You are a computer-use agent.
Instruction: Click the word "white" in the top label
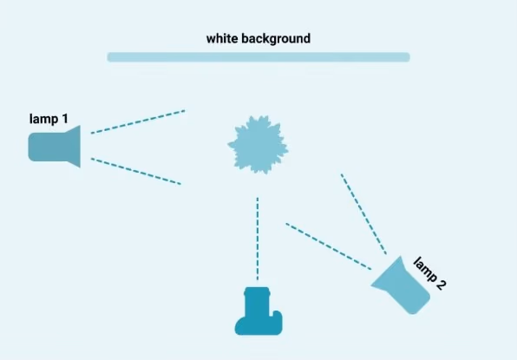pyautogui.click(x=222, y=38)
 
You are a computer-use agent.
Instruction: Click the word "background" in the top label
pyautogui.click(x=276, y=39)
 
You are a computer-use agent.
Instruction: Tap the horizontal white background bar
pyautogui.click(x=258, y=57)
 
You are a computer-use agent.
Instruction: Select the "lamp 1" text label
pyautogui.click(x=49, y=119)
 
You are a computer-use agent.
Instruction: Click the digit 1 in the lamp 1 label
pyautogui.click(x=64, y=119)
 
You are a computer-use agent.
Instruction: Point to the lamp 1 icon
pyautogui.click(x=55, y=147)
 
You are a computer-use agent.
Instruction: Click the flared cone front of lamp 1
pyautogui.click(x=73, y=147)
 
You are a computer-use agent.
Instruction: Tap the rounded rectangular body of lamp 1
pyautogui.click(x=47, y=147)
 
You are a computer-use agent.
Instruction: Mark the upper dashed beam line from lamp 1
pyautogui.click(x=138, y=122)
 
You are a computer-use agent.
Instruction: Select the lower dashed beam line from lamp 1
pyautogui.click(x=136, y=172)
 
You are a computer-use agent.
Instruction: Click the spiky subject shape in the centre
pyautogui.click(x=258, y=144)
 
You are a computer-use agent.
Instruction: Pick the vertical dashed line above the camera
pyautogui.click(x=258, y=239)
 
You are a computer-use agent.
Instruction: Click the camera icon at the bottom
pyautogui.click(x=258, y=311)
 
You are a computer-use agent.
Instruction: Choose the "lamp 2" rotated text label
pyautogui.click(x=429, y=273)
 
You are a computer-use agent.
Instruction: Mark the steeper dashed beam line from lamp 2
pyautogui.click(x=363, y=214)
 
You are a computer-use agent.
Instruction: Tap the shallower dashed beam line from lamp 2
pyautogui.click(x=329, y=246)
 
